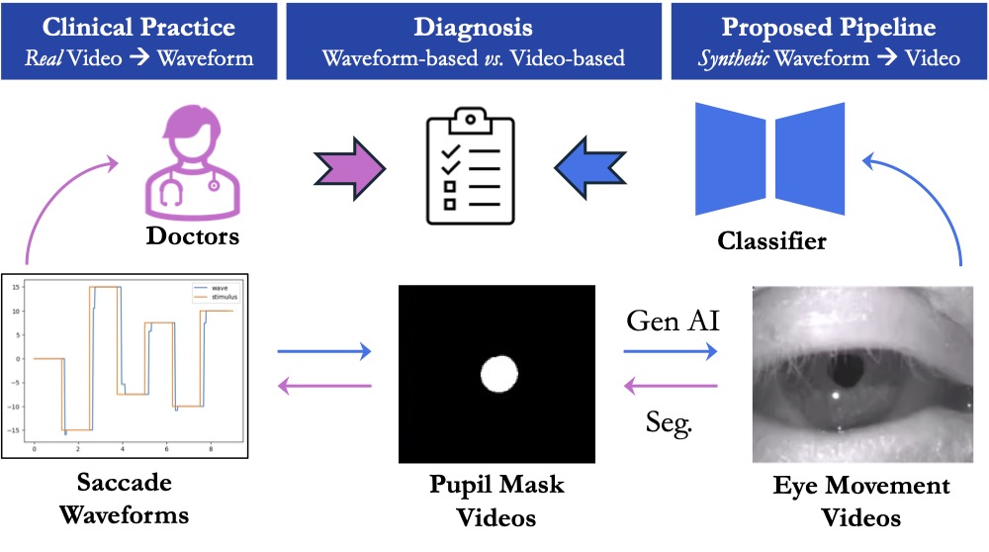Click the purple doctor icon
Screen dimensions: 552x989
(x=193, y=165)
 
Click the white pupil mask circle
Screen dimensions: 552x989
(x=499, y=374)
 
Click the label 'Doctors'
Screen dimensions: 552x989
(x=193, y=236)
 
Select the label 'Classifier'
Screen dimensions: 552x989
(x=771, y=240)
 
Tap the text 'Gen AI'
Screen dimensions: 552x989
(x=672, y=322)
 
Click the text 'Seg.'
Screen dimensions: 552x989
(x=671, y=422)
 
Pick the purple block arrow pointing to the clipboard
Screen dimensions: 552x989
(x=349, y=164)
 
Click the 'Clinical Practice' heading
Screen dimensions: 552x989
(x=139, y=27)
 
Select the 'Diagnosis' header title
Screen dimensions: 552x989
(x=473, y=27)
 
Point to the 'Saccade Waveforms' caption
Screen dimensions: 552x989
(x=125, y=500)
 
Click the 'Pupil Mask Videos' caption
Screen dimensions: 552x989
(x=496, y=501)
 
